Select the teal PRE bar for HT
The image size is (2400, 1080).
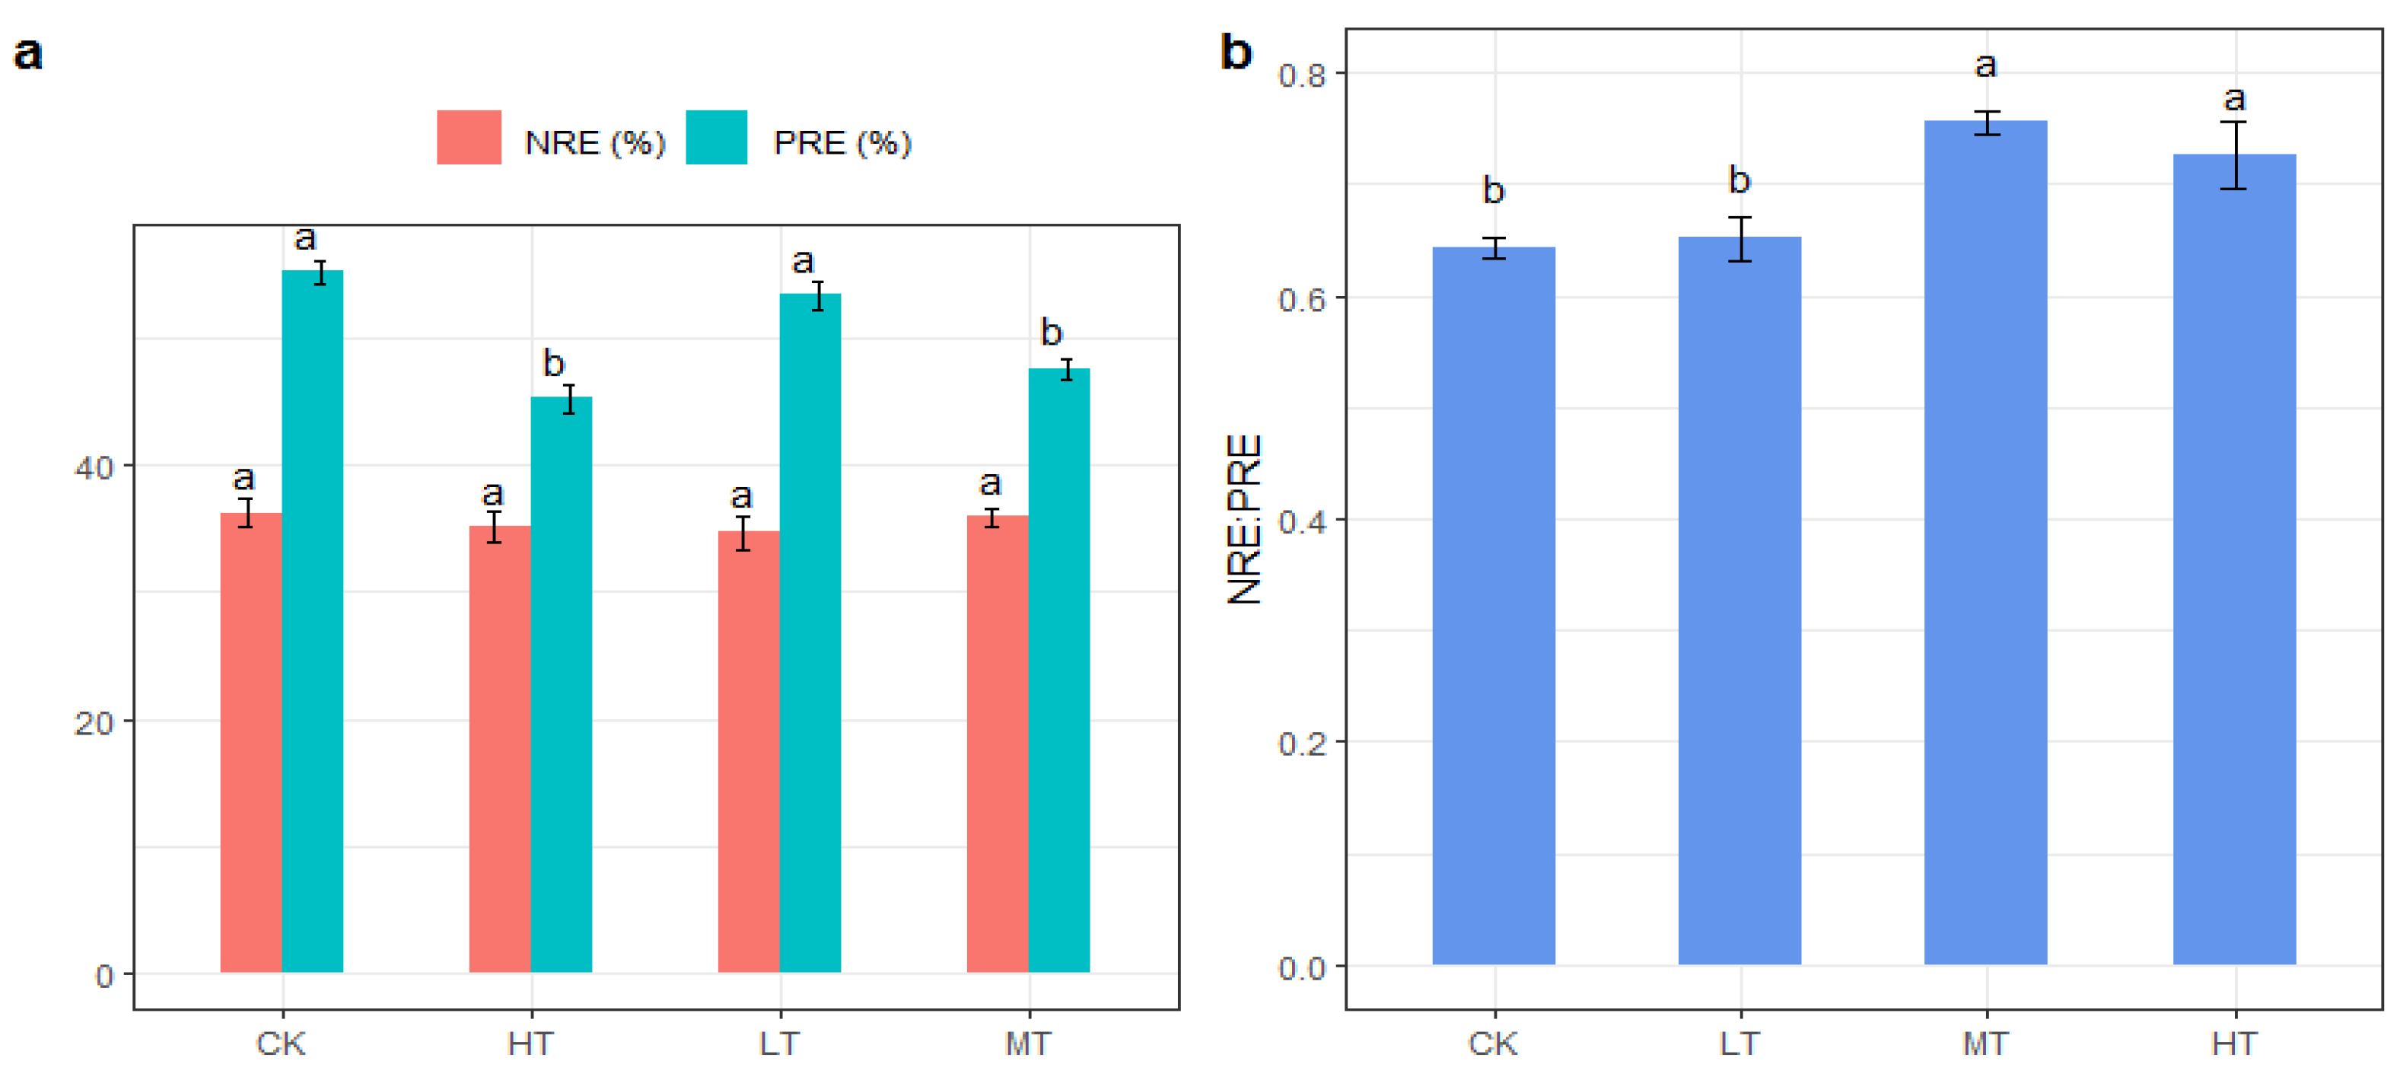[561, 685]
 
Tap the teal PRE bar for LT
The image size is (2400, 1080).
[810, 634]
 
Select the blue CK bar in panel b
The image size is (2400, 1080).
[1494, 606]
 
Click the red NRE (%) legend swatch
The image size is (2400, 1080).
[469, 138]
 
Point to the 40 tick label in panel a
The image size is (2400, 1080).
[93, 467]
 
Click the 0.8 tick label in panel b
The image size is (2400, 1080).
[1301, 75]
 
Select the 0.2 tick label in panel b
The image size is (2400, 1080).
[1301, 744]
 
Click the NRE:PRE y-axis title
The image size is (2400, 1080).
[1245, 519]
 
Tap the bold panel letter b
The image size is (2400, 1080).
[1237, 53]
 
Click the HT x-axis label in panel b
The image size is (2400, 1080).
[2234, 1043]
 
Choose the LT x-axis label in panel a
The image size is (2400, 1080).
[779, 1043]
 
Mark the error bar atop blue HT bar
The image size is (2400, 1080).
[2233, 155]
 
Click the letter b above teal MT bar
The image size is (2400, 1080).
[1051, 332]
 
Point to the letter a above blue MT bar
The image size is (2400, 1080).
[1985, 65]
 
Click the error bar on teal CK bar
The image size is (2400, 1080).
[320, 273]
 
